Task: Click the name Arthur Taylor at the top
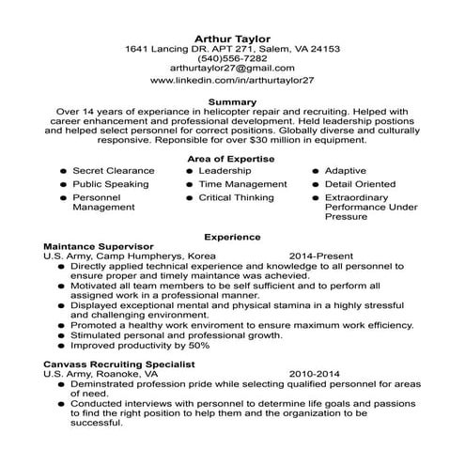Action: [232, 37]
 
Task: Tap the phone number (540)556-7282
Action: [232, 58]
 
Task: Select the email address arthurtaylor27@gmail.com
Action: [232, 70]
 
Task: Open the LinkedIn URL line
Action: [232, 82]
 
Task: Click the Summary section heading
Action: [232, 101]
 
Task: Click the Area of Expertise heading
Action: [232, 159]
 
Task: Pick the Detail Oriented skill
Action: [360, 185]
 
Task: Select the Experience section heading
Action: [232, 238]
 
